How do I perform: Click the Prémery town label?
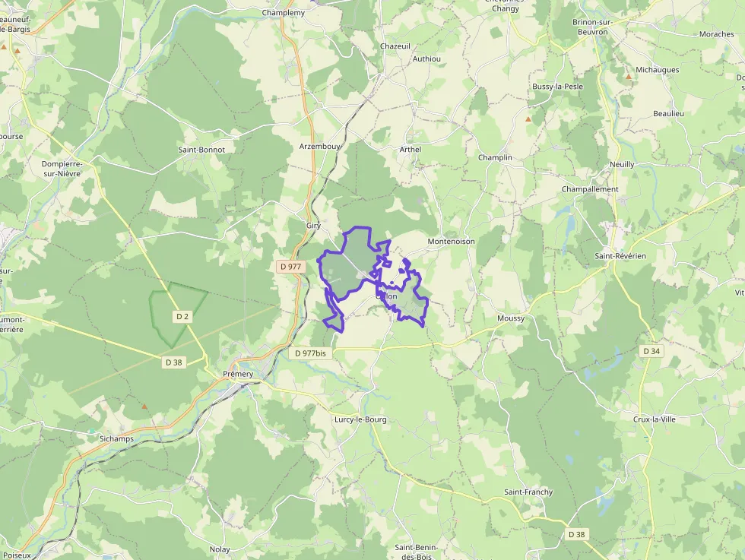(238, 374)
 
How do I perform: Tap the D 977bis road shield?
(310, 353)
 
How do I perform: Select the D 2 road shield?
(182, 315)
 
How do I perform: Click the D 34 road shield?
(651, 351)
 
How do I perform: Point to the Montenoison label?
(451, 241)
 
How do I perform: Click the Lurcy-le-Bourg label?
(360, 419)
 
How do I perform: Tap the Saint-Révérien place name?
(620, 256)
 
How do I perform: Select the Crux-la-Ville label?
(655, 419)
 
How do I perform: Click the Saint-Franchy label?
(528, 492)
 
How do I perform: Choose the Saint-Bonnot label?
(201, 150)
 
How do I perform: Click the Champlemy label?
(283, 13)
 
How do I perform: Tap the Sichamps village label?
(116, 439)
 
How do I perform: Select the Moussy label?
(510, 318)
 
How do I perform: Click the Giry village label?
(313, 226)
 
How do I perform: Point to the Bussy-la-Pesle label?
(557, 87)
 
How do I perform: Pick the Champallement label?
(590, 189)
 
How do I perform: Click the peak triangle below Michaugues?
(629, 78)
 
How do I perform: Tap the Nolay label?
(220, 549)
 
